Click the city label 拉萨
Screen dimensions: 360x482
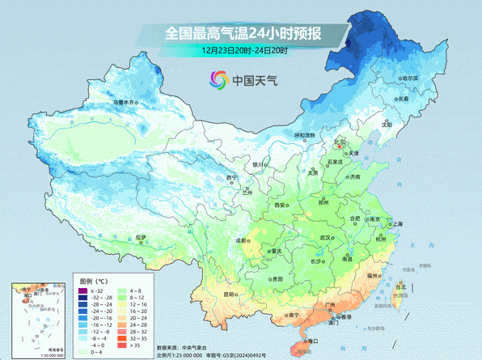tap(142, 237)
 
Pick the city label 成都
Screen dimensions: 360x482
tap(243, 240)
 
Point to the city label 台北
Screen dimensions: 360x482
tap(400, 286)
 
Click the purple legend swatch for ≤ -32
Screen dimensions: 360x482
tap(82, 290)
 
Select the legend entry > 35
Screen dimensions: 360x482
tap(122, 345)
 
